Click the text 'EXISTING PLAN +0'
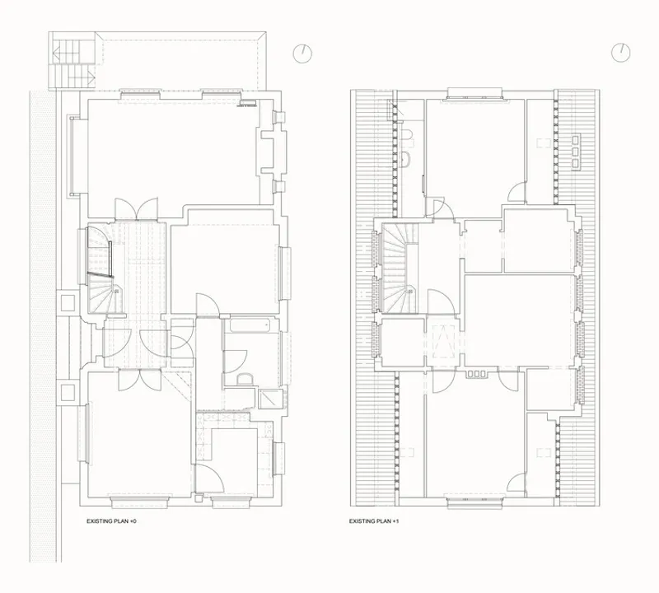[111, 521]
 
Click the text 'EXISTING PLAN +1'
[374, 521]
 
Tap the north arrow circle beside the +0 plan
[302, 54]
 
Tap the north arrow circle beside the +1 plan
[620, 53]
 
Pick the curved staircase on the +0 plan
[100, 271]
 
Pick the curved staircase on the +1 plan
[400, 268]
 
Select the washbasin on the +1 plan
[406, 160]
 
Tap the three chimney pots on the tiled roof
[575, 152]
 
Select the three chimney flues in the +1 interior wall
[476, 374]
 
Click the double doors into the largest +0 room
[136, 208]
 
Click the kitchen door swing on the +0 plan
[210, 478]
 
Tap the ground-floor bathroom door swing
[235, 362]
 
